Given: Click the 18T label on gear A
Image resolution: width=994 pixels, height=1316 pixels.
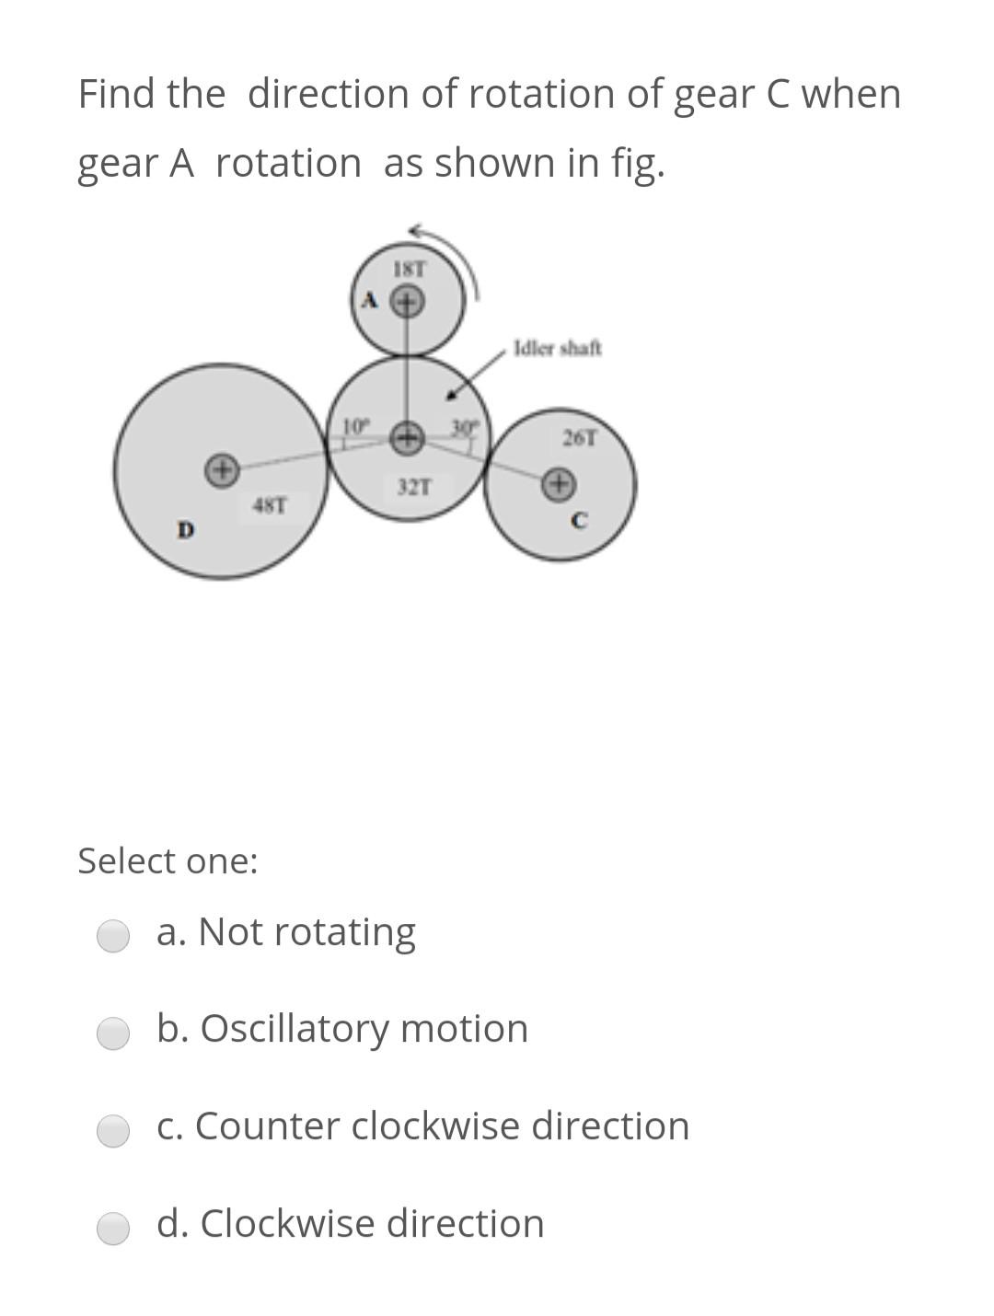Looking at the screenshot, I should coord(410,270).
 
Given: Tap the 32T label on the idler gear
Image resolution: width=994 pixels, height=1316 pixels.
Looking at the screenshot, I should coord(413,487).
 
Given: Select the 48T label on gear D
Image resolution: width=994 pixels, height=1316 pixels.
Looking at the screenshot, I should coord(270,505).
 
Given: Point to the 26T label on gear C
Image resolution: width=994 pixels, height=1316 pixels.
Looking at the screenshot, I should coord(579,438).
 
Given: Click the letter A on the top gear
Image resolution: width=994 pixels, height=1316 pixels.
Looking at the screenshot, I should coord(370,300).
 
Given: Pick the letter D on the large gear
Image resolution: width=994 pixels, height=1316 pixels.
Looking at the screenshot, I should coord(186,530).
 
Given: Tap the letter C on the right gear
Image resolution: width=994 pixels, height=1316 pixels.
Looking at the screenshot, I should coord(578,521).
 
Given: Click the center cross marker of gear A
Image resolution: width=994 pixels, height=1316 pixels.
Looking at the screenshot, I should coord(409,301).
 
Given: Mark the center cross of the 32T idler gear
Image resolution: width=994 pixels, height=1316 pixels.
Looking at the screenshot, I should coord(408,437).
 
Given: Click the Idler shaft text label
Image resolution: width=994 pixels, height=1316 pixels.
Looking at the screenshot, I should coord(558,348).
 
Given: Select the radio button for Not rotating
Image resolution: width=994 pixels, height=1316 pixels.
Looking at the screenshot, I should coord(113,935).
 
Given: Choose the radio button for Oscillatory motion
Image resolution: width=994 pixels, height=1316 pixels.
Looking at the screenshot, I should coord(113,1033).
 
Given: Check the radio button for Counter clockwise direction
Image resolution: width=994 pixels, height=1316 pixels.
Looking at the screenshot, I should coord(113,1130).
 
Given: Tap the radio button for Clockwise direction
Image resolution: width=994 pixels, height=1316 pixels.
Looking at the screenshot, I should coord(113,1228).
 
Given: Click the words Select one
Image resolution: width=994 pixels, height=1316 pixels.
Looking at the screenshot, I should coord(168,861).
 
